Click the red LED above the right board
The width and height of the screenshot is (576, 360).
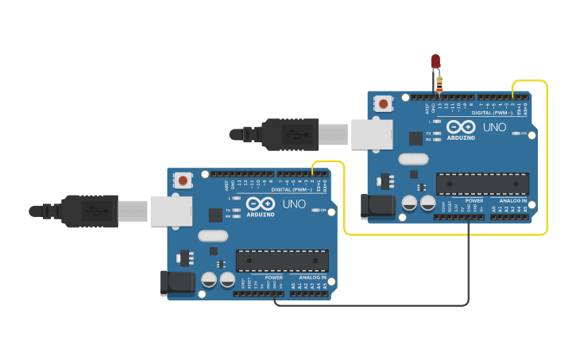pyautogui.click(x=435, y=60)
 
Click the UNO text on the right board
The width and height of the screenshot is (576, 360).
pyautogui.click(x=494, y=126)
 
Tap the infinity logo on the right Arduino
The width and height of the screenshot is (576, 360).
pyautogui.click(x=461, y=126)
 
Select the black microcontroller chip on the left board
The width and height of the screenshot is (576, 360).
pyautogui.click(x=282, y=261)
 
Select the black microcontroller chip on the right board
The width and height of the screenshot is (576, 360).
pyautogui.click(x=482, y=184)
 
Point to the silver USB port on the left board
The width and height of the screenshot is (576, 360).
pyautogui.click(x=171, y=211)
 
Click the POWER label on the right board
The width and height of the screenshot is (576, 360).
pyautogui.click(x=474, y=200)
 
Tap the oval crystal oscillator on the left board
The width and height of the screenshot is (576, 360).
pyautogui.click(x=213, y=235)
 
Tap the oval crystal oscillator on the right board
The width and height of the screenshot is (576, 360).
pyautogui.click(x=413, y=158)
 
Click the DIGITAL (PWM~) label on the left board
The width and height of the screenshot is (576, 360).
pyautogui.click(x=291, y=190)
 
